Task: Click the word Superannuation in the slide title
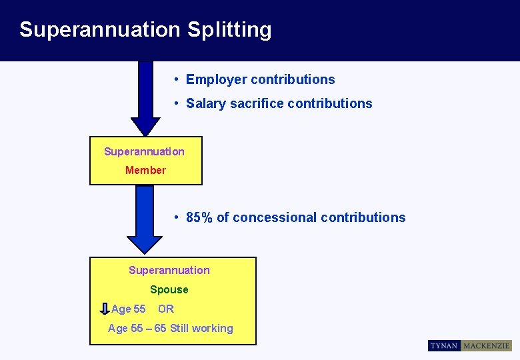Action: [x=100, y=30]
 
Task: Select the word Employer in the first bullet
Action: [x=213, y=79]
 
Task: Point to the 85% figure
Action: [x=199, y=217]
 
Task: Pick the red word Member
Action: [x=145, y=170]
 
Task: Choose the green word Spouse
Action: [x=169, y=289]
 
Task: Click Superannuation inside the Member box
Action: [x=144, y=151]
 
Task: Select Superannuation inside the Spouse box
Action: [x=169, y=270]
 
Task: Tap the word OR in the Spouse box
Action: [x=166, y=309]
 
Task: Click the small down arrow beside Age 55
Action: [x=105, y=309]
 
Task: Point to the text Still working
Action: [x=201, y=328]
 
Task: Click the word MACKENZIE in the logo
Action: [x=486, y=345]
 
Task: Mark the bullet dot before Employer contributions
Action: [x=175, y=79]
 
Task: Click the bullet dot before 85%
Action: [x=175, y=217]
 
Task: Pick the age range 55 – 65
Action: [x=151, y=328]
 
